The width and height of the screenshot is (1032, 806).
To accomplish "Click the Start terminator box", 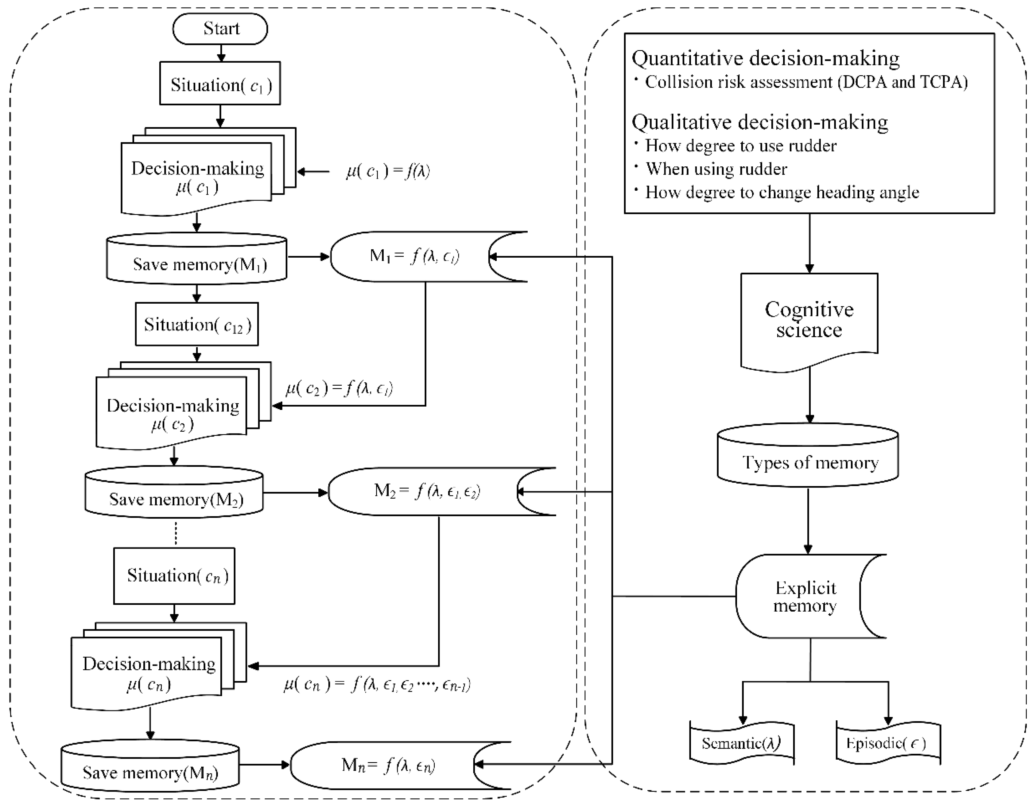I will (220, 29).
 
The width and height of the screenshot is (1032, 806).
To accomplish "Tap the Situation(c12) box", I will (197, 324).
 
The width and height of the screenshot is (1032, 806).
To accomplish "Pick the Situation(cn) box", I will (174, 575).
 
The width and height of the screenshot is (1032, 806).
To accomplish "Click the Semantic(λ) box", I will (741, 744).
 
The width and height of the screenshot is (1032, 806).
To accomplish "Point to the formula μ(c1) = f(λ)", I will (387, 171).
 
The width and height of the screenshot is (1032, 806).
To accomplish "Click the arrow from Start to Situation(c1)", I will (221, 53).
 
